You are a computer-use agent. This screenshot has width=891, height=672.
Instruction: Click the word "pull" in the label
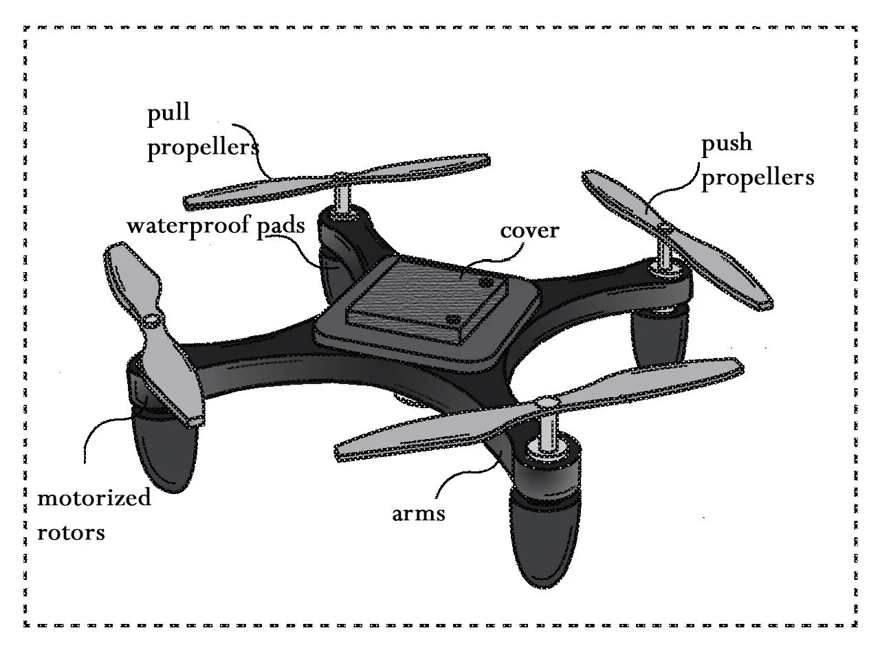click(168, 113)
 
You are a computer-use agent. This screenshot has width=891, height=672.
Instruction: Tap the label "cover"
click(529, 230)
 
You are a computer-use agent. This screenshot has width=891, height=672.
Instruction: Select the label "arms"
click(418, 513)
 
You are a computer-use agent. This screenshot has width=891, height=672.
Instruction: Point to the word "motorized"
click(93, 497)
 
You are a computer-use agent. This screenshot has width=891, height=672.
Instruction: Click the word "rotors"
click(71, 532)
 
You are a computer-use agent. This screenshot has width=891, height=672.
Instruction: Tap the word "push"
click(726, 144)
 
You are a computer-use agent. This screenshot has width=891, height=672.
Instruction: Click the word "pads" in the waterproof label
click(280, 226)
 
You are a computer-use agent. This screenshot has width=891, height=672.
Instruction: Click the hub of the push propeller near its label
click(665, 227)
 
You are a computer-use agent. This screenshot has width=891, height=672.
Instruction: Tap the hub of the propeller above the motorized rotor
click(152, 320)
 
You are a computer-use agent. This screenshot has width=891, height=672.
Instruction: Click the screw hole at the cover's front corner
click(451, 320)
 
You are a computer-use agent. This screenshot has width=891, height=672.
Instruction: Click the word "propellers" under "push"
click(757, 177)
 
